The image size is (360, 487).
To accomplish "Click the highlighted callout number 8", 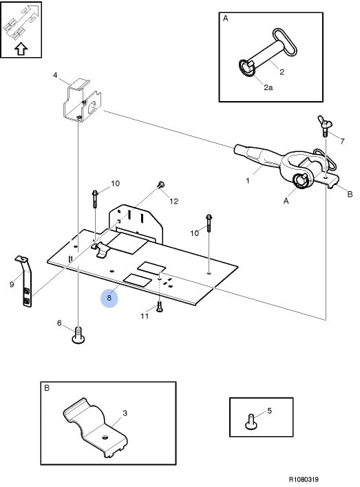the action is [x=109, y=298].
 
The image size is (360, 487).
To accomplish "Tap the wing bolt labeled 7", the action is [x=325, y=126].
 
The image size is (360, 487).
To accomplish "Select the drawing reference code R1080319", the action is [x=304, y=479].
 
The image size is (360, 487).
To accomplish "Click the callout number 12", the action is [x=173, y=202].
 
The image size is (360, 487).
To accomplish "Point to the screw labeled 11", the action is [x=160, y=307].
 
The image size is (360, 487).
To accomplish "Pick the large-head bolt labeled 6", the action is [x=78, y=336].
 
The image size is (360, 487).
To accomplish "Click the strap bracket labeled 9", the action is [x=25, y=281].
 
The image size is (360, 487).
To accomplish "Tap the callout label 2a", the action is [x=268, y=87].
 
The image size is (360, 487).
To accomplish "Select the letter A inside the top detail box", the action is [x=226, y=19].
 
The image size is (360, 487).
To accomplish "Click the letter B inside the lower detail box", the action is [x=47, y=388].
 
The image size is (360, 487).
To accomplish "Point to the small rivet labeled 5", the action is [x=251, y=422].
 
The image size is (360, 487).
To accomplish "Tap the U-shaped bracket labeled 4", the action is [x=83, y=100].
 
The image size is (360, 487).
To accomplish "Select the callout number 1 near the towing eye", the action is [x=248, y=180].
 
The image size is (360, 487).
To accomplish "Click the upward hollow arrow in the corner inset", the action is [x=21, y=49].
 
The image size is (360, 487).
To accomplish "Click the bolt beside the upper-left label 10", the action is [x=95, y=199].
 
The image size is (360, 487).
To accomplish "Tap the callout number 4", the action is [x=55, y=75].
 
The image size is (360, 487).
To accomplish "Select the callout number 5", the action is [x=270, y=411].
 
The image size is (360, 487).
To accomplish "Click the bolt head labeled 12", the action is [x=161, y=184].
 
